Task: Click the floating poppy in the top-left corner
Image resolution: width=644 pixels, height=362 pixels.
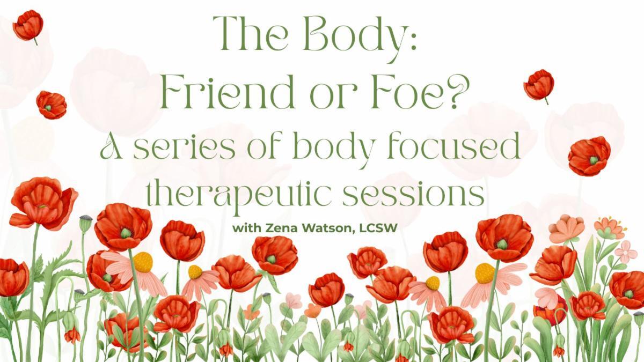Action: (x=28, y=25)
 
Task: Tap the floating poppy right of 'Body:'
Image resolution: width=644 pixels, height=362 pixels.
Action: (x=539, y=85)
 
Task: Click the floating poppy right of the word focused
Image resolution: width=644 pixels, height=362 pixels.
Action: (x=589, y=156)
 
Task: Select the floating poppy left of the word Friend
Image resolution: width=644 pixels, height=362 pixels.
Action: (x=52, y=104)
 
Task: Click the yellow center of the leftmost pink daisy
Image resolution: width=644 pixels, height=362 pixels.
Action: (x=143, y=262)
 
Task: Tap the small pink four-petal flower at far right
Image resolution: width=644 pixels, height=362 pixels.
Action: (x=626, y=250)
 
